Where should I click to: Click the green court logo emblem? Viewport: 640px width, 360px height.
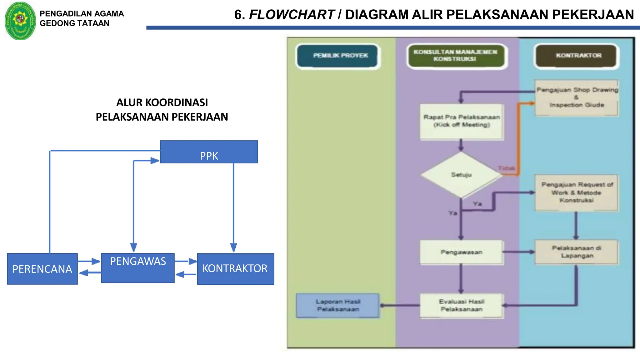pos(20,21)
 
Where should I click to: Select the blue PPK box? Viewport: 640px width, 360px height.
pos(209,152)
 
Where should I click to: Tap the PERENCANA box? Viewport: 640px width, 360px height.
pos(42,269)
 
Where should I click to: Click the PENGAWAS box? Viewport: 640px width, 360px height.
pos(138,268)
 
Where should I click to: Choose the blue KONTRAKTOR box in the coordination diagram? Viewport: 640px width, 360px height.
pos(235,269)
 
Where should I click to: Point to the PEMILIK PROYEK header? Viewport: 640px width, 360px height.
pos(338,56)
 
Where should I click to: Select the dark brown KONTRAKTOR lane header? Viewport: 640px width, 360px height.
pos(577,56)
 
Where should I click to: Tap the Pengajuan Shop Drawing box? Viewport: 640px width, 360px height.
pos(577,97)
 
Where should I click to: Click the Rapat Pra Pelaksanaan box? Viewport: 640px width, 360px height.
pos(462,121)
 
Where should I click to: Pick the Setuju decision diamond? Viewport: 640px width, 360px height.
pos(461,175)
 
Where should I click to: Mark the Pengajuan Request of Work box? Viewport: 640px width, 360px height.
pos(577,192)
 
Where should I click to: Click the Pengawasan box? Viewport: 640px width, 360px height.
pos(462,252)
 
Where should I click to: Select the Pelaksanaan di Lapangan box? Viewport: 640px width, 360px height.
pos(577,252)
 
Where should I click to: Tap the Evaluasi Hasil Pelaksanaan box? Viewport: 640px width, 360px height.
pos(462,305)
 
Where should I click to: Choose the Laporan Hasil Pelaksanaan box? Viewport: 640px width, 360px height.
pos(338,305)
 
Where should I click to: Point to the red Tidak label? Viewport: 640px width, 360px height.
pos(506,168)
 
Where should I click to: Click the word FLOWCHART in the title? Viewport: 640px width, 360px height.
pos(292,15)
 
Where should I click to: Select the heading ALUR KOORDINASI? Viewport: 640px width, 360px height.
pos(162,102)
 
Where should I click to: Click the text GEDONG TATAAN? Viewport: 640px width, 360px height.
pos(74,23)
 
